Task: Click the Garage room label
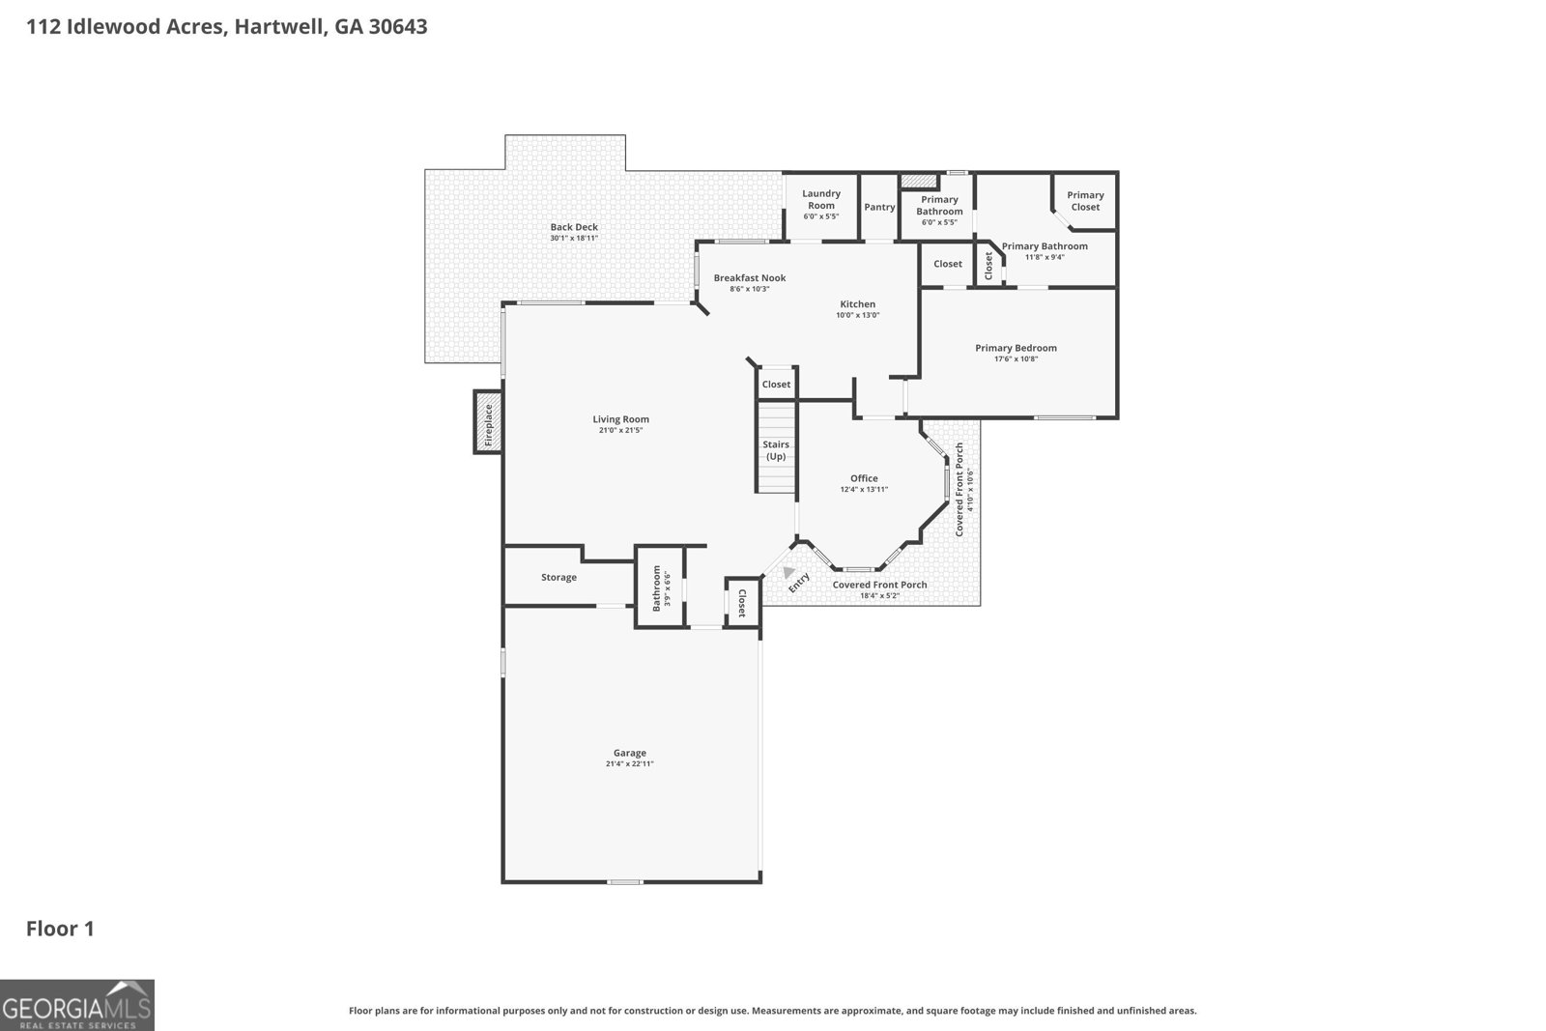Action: (x=629, y=753)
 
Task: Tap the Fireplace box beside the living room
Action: (x=488, y=422)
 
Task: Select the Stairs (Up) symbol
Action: (x=776, y=449)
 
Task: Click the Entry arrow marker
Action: (x=788, y=572)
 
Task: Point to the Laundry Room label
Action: (x=820, y=199)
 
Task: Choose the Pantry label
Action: (x=879, y=207)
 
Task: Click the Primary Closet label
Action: (x=1084, y=201)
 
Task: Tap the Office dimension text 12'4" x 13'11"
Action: (x=863, y=490)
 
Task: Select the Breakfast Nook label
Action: (x=750, y=278)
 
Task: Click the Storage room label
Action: (x=558, y=578)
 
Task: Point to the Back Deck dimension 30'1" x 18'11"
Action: (x=574, y=239)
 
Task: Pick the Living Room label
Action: (x=620, y=419)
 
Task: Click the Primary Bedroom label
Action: (x=1016, y=348)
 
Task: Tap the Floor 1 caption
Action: (x=60, y=930)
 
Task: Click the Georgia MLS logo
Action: (x=77, y=1005)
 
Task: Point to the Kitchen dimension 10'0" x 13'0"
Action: (x=857, y=315)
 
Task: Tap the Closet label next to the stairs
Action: (x=776, y=385)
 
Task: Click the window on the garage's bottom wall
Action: (x=625, y=881)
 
